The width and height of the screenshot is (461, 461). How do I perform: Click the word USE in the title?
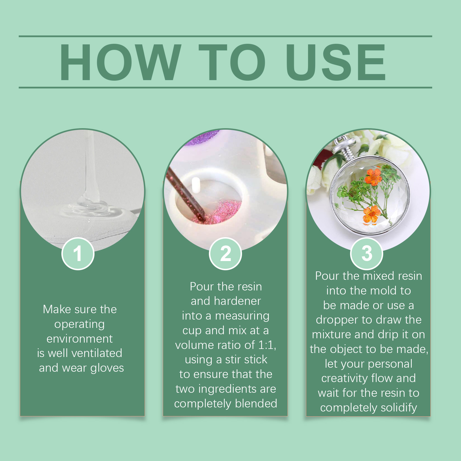coord(336,62)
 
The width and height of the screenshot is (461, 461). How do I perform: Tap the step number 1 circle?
coord(78,254)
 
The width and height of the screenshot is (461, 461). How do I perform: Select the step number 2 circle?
coord(226,254)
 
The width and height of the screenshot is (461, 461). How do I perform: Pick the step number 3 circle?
coord(367,254)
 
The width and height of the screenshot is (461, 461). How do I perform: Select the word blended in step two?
coord(256,403)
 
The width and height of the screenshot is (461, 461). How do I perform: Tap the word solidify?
coord(399,408)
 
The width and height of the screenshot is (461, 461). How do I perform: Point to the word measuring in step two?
coord(242,316)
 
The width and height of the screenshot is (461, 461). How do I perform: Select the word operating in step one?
coord(80,324)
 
